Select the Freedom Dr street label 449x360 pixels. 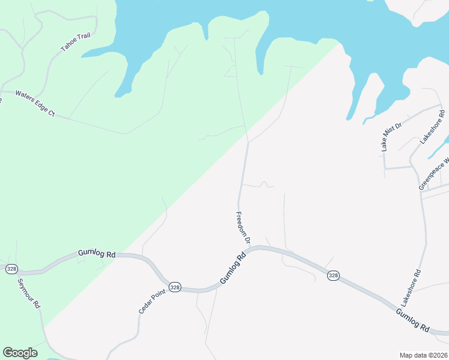(x=244, y=228)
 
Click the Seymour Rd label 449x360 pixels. (x=28, y=293)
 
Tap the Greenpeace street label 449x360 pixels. (x=433, y=175)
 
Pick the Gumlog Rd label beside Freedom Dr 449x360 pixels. (x=233, y=268)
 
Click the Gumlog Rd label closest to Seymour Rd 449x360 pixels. (x=96, y=254)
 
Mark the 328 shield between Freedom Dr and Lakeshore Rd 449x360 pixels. (x=333, y=275)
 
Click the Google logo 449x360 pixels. (x=20, y=353)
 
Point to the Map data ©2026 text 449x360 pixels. (x=423, y=355)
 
